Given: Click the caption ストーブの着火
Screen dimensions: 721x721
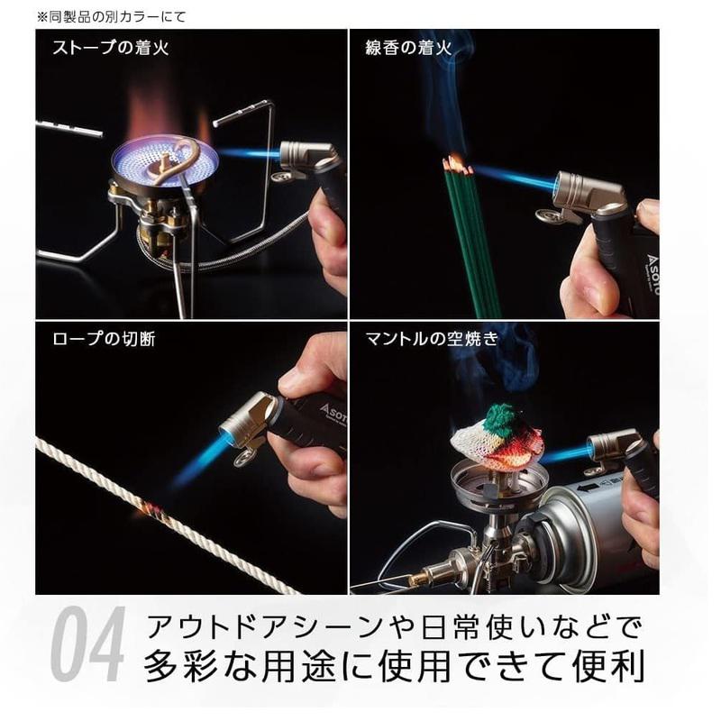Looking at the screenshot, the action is pyautogui.click(x=111, y=48).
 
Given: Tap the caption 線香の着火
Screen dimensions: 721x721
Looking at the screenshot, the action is pyautogui.click(x=408, y=48).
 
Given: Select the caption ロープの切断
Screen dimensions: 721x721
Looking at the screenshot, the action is pyautogui.click(x=104, y=339).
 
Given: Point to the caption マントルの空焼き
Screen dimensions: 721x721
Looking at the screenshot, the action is pyautogui.click(x=432, y=339).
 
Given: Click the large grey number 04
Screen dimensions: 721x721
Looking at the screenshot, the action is pyautogui.click(x=87, y=643).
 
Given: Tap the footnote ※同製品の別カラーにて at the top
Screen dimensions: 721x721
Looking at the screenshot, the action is pyautogui.click(x=111, y=17).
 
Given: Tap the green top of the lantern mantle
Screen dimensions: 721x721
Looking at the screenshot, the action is pyautogui.click(x=504, y=415).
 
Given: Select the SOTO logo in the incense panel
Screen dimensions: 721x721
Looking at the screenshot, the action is pyautogui.click(x=652, y=276).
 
